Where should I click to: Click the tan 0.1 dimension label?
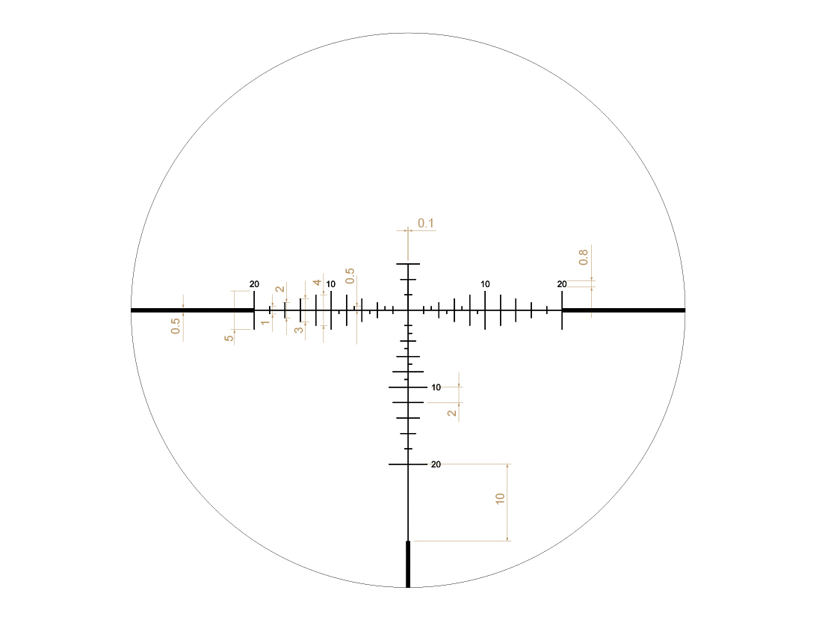point(426,224)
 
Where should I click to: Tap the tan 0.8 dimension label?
point(584,257)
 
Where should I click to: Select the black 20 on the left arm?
point(254,284)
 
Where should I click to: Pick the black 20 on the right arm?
point(562,284)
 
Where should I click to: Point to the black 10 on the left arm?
point(331,284)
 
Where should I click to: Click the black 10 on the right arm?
point(486,284)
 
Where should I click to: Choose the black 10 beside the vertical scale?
point(436,387)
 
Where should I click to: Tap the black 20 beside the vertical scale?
point(436,464)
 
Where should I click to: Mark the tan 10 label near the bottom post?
point(500,498)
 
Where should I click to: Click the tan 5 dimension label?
point(229,338)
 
